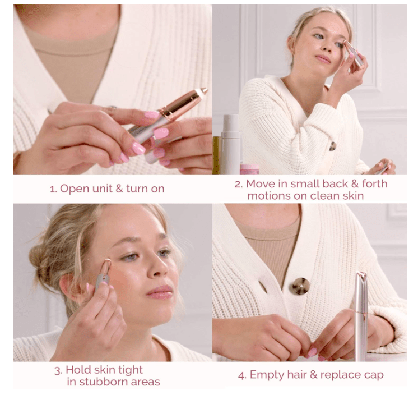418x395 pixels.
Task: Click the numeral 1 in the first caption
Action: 52,189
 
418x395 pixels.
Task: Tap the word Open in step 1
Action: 73,189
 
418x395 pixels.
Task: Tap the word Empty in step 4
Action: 264,375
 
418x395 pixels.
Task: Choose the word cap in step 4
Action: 374,375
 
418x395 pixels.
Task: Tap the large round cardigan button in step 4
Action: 300,286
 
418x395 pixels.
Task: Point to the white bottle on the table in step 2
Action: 230,144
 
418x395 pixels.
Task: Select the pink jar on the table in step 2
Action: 249,169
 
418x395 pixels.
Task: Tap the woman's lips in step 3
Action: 160,291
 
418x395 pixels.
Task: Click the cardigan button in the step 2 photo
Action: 332,146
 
